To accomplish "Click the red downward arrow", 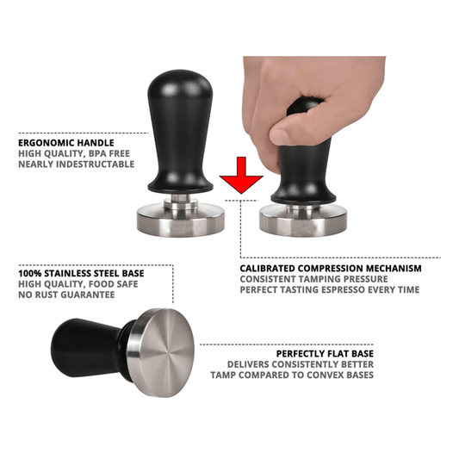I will pos(241,176).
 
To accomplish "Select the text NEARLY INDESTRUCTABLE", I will pos(76,164).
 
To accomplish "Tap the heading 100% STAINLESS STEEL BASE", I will pos(81,273).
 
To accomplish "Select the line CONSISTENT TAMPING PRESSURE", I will pos(320,279).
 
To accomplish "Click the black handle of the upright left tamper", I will pos(179,129).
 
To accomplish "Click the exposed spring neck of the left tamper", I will pos(179,199).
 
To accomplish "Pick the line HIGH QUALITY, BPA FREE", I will pos(71,152).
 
